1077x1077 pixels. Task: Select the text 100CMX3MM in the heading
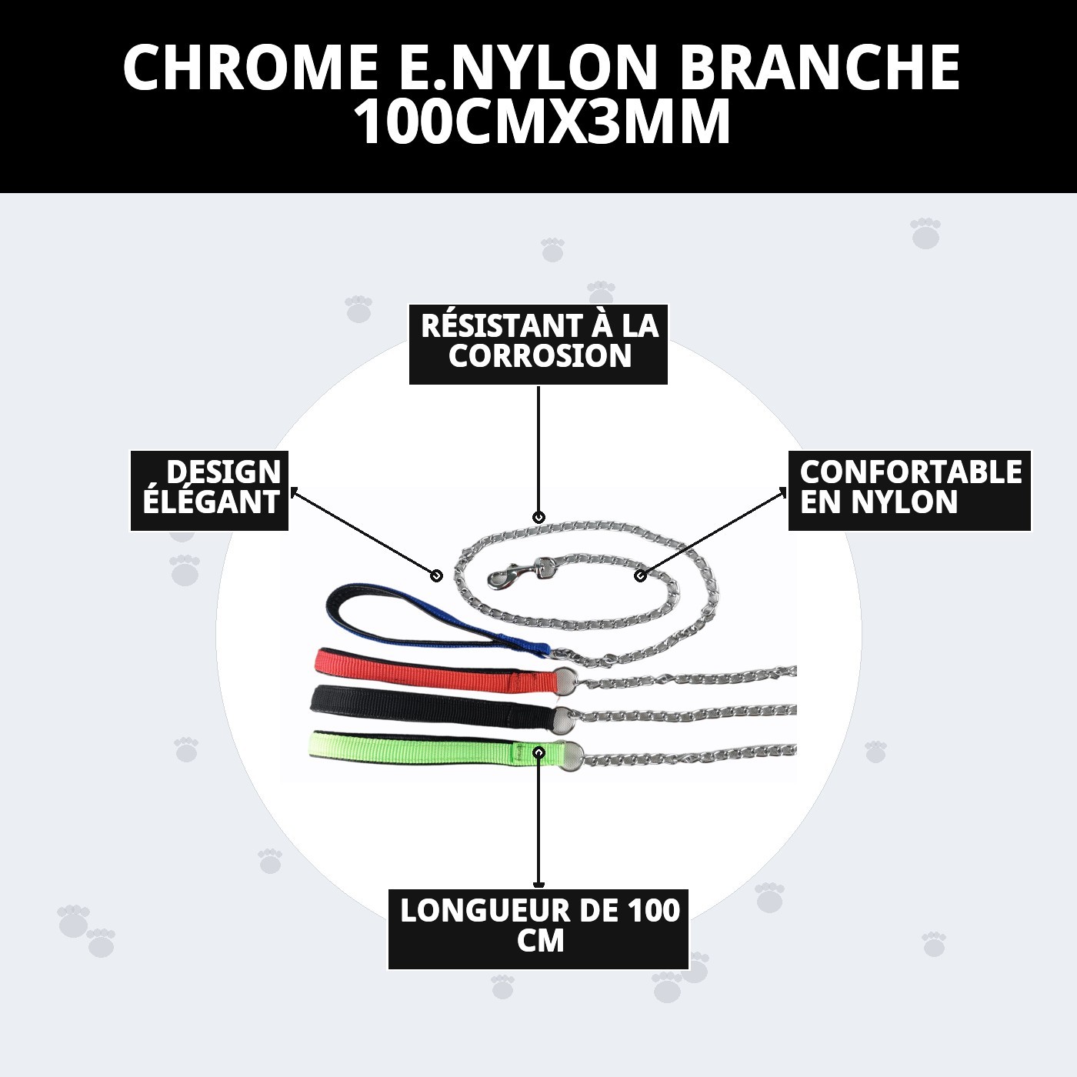(541, 123)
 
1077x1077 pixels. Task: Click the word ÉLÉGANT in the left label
(211, 502)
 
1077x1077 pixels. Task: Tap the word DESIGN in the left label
(223, 472)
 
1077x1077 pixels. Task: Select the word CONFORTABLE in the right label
(910, 472)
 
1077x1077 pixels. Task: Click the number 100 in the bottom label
(653, 911)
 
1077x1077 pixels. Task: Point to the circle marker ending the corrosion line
(538, 517)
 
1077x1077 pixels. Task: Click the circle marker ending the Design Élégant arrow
(436, 575)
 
